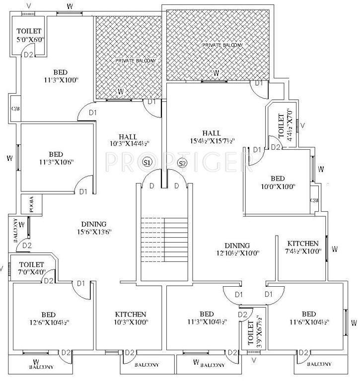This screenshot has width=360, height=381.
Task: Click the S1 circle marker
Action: pyautogui.click(x=146, y=163)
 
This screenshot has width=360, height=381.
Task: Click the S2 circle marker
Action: pyautogui.click(x=182, y=163)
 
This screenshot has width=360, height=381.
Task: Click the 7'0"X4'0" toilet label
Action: pyautogui.click(x=31, y=272)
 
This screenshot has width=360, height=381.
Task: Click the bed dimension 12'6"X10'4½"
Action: pyautogui.click(x=48, y=322)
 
